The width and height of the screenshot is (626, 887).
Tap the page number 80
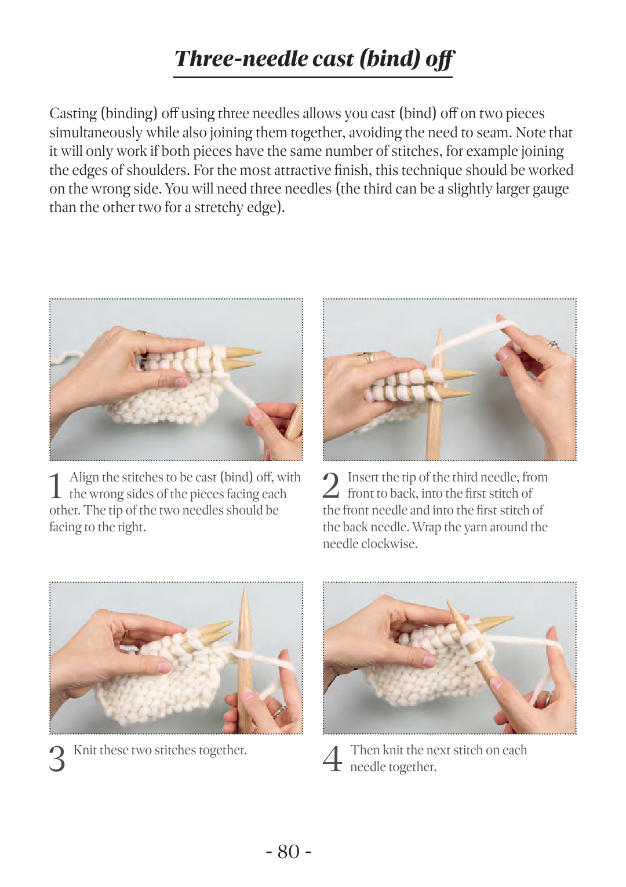(x=289, y=851)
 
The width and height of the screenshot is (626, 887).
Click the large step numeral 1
(x=56, y=486)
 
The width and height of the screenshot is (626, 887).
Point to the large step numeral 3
(x=57, y=759)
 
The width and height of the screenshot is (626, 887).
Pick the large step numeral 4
(x=332, y=759)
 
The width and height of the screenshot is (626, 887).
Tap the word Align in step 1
(x=84, y=477)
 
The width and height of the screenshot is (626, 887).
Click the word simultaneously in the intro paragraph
(x=96, y=133)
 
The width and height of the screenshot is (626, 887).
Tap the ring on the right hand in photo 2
(x=554, y=344)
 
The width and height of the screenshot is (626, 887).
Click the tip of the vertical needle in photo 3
(x=245, y=587)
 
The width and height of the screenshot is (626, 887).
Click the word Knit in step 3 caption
(x=85, y=750)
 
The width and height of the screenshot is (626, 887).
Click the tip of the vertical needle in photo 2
(x=439, y=330)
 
